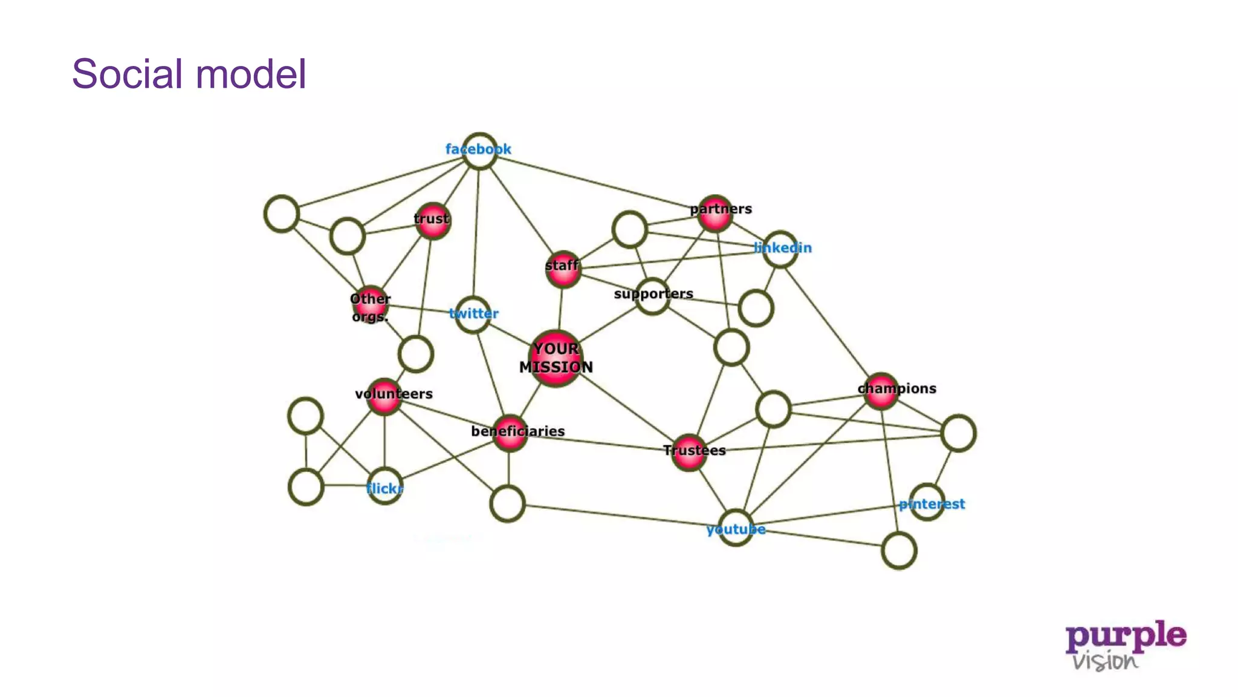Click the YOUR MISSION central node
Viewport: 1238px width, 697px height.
click(x=556, y=358)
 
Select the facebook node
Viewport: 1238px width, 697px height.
click(x=479, y=151)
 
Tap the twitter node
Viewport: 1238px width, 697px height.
click(x=473, y=314)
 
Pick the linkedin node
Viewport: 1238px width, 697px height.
click(x=780, y=249)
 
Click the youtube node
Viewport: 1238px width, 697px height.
click(x=736, y=528)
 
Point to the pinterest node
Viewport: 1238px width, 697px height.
click(x=927, y=502)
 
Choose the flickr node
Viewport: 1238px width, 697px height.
click(x=384, y=486)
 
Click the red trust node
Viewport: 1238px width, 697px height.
click(x=432, y=220)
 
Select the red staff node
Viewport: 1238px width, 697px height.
click(x=563, y=269)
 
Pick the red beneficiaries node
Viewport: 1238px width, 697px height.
click(x=510, y=433)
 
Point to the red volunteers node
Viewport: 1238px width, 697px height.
click(x=384, y=396)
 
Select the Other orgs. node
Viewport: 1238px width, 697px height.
click(x=370, y=304)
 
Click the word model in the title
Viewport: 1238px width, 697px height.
click(x=251, y=74)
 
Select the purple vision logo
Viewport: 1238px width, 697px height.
click(x=1125, y=645)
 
